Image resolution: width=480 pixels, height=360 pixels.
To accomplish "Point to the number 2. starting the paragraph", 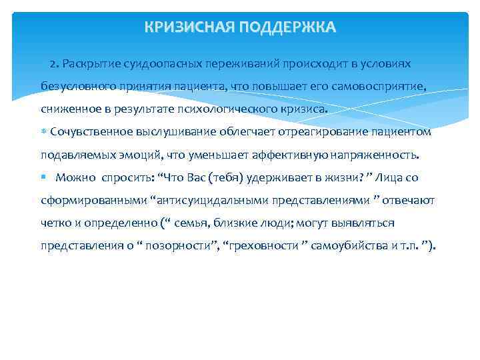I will (x=55, y=63).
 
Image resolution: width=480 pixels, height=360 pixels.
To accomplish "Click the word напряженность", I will (x=379, y=155).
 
